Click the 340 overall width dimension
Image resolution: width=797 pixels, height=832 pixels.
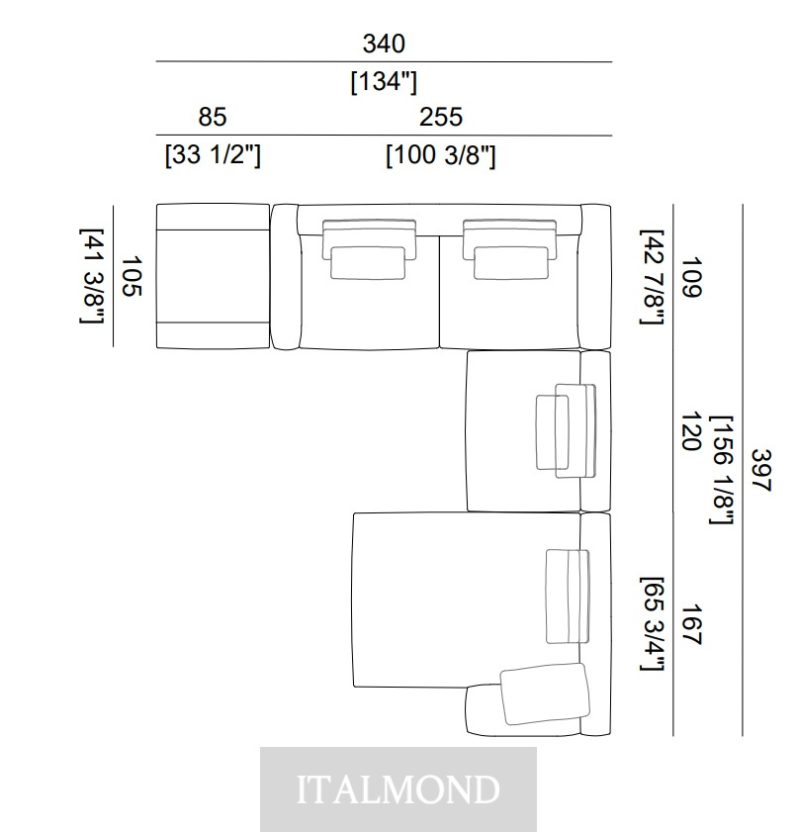point(384,44)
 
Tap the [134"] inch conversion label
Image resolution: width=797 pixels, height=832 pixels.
point(384,82)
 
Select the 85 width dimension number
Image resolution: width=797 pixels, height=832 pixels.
point(213,117)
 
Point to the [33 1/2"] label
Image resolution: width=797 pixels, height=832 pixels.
point(214,155)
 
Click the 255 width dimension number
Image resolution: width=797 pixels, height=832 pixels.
point(441,117)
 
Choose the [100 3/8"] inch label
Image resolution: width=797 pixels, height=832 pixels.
point(441,155)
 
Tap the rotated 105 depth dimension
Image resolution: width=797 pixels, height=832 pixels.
point(133,276)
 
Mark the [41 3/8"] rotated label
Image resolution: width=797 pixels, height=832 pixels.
point(92,276)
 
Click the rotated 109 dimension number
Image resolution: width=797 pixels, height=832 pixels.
point(691,277)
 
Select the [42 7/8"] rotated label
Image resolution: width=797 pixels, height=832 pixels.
point(652,277)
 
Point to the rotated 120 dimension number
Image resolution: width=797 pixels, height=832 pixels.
point(691,431)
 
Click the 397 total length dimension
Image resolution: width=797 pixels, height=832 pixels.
point(761,470)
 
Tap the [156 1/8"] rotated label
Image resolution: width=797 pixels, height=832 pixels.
point(722,470)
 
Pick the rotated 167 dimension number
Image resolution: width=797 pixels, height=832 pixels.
point(691,624)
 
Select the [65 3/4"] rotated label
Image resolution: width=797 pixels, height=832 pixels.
point(652,624)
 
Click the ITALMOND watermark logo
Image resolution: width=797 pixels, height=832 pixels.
point(398,789)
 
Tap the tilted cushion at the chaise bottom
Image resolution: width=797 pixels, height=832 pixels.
point(545,693)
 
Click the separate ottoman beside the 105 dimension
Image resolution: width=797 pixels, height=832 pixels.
point(214,276)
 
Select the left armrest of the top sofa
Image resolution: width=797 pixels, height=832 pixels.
point(285,276)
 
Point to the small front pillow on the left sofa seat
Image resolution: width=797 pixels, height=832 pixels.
point(368,262)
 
